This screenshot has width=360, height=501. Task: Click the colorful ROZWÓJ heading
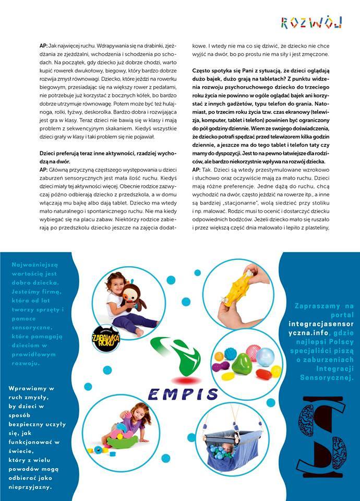point(311,22)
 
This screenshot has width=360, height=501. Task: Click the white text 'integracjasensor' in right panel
point(321,324)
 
